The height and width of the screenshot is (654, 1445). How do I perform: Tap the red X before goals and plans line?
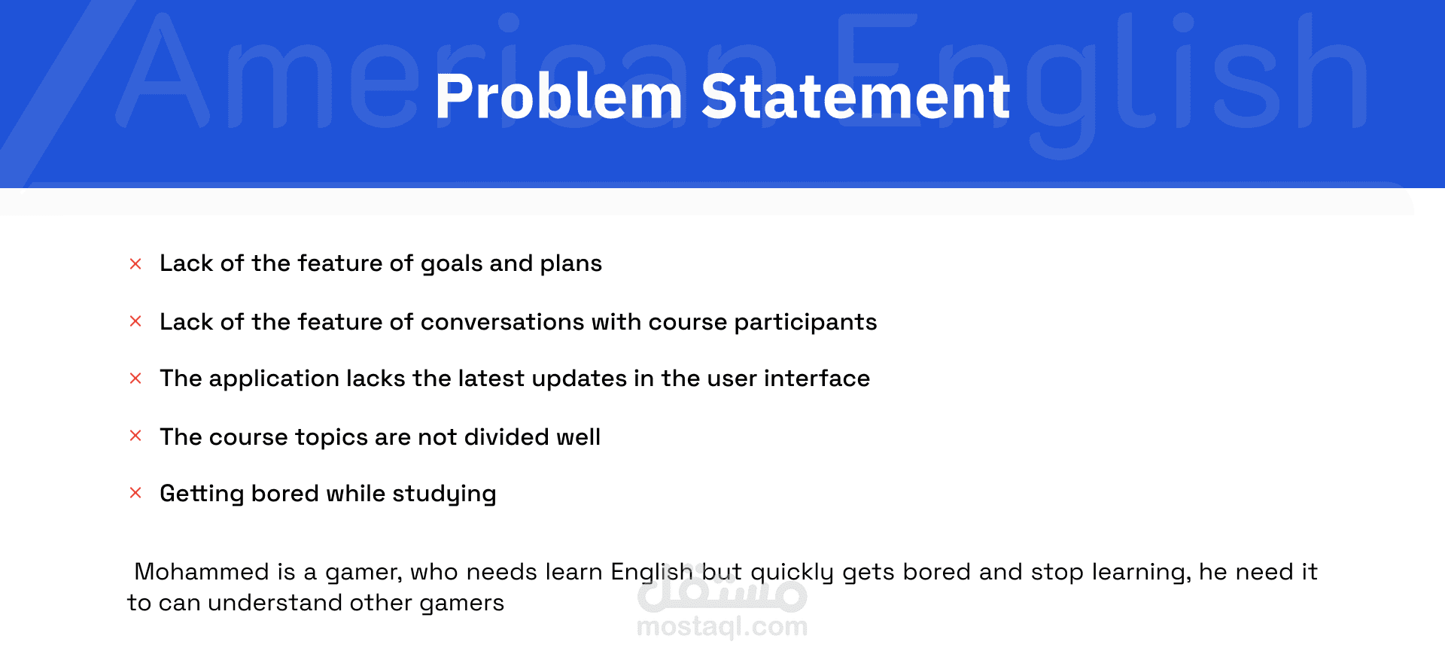(x=135, y=263)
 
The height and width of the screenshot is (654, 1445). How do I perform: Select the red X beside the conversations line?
(x=135, y=321)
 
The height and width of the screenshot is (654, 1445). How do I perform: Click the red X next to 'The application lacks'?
(x=135, y=378)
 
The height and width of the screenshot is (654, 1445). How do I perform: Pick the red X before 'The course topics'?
(x=135, y=436)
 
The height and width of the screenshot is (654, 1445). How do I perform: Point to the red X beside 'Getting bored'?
(x=135, y=493)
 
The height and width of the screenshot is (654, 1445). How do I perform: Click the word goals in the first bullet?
(x=452, y=265)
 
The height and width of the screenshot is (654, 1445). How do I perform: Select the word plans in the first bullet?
(x=571, y=265)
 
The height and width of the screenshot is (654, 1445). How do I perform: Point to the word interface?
(x=817, y=378)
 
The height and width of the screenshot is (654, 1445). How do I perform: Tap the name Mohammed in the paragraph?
(x=202, y=572)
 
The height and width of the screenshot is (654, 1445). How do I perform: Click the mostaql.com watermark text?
(x=722, y=626)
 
